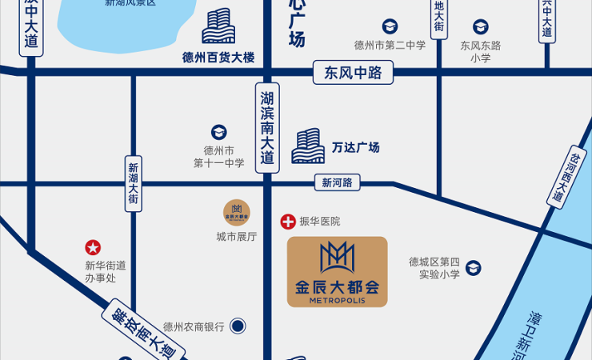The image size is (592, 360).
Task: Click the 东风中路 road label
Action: (x=354, y=74)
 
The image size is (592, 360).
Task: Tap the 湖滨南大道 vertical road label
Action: (x=267, y=127)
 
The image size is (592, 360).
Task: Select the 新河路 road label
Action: (x=337, y=183)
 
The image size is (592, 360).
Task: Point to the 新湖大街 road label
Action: (x=134, y=183)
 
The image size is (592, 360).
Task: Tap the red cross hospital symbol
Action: (x=287, y=222)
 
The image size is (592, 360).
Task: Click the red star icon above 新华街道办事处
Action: (x=94, y=248)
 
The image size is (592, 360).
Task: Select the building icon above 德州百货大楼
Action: (x=218, y=26)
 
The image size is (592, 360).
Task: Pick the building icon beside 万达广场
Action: (x=307, y=146)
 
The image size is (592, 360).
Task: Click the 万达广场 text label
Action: (x=355, y=147)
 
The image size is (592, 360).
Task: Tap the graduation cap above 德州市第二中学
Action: (x=390, y=27)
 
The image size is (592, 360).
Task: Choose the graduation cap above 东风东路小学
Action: (x=480, y=27)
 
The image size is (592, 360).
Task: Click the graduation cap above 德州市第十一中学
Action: (x=218, y=132)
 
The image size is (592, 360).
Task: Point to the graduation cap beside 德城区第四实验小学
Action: (x=474, y=268)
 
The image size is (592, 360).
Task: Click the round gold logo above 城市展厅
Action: (x=236, y=213)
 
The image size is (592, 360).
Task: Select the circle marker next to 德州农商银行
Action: (x=237, y=326)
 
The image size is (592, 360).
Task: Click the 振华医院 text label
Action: (x=319, y=222)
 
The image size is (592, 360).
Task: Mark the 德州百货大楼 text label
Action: (x=218, y=58)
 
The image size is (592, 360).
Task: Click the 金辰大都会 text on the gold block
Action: (x=337, y=286)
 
